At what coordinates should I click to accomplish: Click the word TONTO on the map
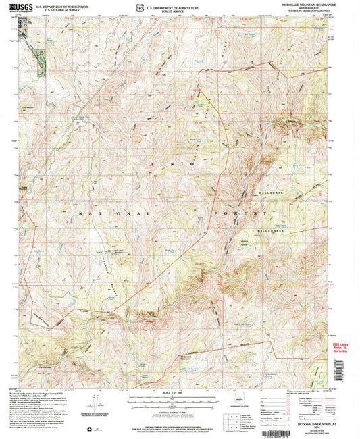pos(168,164)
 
